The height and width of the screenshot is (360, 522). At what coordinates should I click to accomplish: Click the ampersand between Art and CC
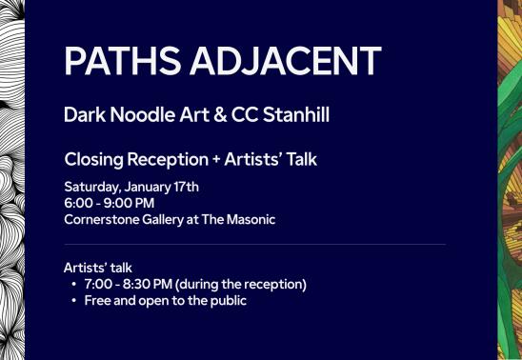[x=218, y=115]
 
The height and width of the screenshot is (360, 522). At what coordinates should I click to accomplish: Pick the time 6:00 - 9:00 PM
[x=109, y=203]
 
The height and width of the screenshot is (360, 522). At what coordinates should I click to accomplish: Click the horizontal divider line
[x=254, y=245]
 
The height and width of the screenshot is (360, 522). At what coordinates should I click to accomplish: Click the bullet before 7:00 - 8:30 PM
[x=74, y=285]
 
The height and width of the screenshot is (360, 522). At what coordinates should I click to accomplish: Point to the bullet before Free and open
[x=74, y=301]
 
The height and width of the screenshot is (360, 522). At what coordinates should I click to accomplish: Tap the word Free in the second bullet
[x=97, y=301]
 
